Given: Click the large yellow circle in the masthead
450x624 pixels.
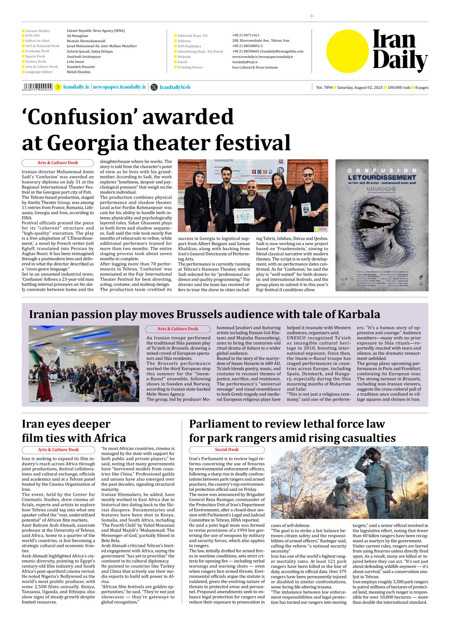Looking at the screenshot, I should pyautogui.click(x=347, y=51).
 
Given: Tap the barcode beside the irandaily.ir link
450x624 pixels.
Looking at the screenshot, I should pyautogui.click(x=37, y=87).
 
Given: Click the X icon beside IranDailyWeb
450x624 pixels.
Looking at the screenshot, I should pyautogui.click(x=154, y=87).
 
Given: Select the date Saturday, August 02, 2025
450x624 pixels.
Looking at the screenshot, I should pyautogui.click(x=360, y=87).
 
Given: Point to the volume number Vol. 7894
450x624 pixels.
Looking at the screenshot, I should pyautogui.click(x=324, y=87).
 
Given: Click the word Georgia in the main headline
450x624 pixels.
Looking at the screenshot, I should pyautogui.click(x=87, y=143).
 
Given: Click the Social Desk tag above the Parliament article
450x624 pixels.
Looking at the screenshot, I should pyautogui.click(x=226, y=449).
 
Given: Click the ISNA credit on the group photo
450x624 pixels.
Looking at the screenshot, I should pyautogui.click(x=322, y=229).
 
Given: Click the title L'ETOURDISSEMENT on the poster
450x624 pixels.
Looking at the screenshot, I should pyautogui.click(x=382, y=177).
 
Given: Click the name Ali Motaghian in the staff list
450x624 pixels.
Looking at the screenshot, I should pyautogui.click(x=77, y=36).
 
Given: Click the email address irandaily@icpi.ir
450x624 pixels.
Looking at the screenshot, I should pyautogui.click(x=245, y=62).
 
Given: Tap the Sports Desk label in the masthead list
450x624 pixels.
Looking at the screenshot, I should pyautogui.click(x=35, y=56).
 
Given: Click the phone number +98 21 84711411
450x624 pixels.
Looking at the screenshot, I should pyautogui.click(x=246, y=35).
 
